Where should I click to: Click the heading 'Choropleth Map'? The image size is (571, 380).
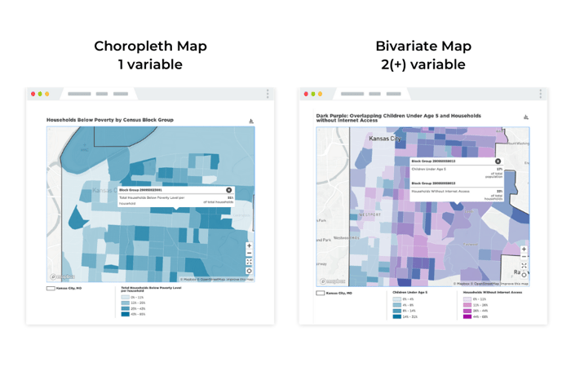[x=150, y=46]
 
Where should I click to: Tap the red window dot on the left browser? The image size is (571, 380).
[x=33, y=94]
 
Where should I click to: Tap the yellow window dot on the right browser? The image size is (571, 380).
[x=320, y=94]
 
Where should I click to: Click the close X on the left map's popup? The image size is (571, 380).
[x=229, y=190]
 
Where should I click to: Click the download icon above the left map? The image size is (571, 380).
[x=251, y=121]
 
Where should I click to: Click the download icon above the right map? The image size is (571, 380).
[x=526, y=117]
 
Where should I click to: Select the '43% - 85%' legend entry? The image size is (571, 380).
[x=134, y=314]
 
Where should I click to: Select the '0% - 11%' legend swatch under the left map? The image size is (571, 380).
[x=126, y=297]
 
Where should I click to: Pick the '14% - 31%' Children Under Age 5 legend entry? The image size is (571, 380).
[x=407, y=316]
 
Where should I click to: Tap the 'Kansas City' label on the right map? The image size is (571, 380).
[x=387, y=139]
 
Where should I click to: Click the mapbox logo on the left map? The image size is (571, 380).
[x=62, y=277]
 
